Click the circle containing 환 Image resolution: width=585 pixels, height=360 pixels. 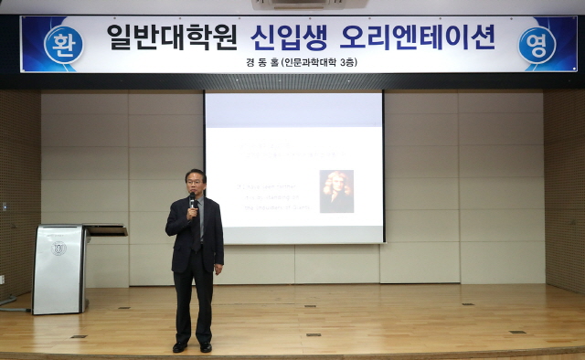[63, 44]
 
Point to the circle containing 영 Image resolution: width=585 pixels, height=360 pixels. [537, 44]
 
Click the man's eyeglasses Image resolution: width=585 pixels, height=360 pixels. [195, 180]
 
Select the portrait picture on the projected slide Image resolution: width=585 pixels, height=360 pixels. [336, 191]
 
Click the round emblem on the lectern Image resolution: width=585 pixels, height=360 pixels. [59, 248]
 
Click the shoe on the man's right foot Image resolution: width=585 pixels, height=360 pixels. [180, 346]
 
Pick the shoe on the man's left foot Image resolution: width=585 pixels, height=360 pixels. [206, 346]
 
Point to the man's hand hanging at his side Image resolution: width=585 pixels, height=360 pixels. [218, 269]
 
